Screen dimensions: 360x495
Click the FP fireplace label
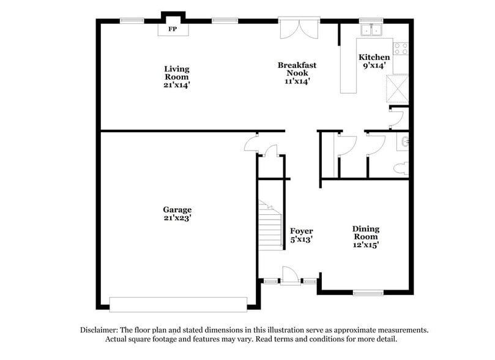tap(173, 29)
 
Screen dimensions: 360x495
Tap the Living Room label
tap(176, 73)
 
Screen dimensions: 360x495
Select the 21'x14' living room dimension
tap(176, 85)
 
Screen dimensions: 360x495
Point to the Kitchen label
tap(374, 58)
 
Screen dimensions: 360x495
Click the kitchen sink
tap(371, 30)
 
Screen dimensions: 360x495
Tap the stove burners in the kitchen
tap(401, 48)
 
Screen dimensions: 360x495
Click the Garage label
tap(177, 209)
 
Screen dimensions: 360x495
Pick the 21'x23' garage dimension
tap(177, 218)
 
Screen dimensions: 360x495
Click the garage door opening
tap(178, 304)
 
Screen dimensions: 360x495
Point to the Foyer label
tap(301, 231)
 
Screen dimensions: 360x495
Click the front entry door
tap(290, 276)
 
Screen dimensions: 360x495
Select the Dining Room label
tap(365, 233)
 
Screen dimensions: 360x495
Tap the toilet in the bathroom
tap(401, 168)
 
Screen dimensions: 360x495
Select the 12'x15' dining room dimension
tap(365, 245)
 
